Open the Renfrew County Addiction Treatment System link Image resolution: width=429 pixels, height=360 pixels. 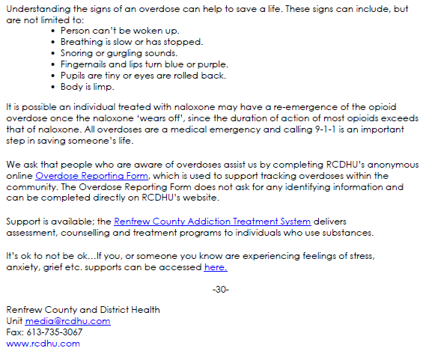(x=212, y=222)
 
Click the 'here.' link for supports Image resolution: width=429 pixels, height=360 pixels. (x=215, y=266)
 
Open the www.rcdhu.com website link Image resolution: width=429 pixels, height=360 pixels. (x=43, y=344)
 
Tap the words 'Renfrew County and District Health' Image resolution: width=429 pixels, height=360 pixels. (x=77, y=310)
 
